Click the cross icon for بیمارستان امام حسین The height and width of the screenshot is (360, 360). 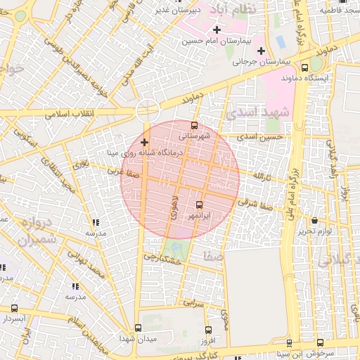tap(217, 30)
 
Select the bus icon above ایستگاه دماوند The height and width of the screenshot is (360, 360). tap(304, 67)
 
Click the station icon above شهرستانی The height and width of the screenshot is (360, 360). tap(195, 125)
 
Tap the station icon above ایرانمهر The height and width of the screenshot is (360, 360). tap(199, 205)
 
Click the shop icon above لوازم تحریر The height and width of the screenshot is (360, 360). tap(314, 221)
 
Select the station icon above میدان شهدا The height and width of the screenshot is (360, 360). tap(138, 328)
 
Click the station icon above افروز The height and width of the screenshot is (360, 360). tap(207, 330)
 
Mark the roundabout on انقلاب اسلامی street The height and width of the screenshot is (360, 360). tap(147, 109)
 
